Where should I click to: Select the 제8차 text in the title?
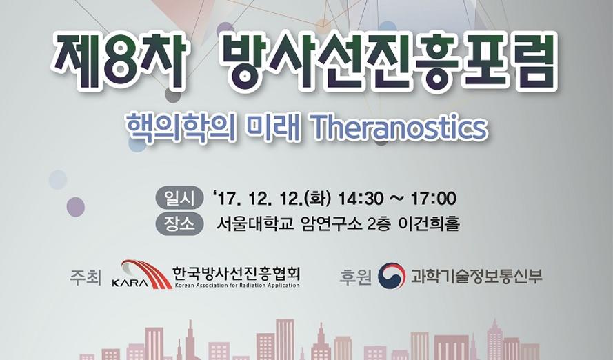[119, 62]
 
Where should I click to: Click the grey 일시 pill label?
[179, 198]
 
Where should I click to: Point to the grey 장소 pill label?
[179, 224]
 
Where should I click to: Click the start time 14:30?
[361, 198]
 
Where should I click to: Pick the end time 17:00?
[434, 198]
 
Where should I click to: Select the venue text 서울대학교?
[255, 224]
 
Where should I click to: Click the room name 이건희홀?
[429, 224]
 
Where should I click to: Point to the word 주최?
[85, 277]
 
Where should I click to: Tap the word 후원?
[355, 277]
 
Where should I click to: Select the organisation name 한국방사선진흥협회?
[237, 274]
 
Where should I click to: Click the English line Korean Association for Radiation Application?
[237, 286]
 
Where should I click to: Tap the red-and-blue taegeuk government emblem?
[392, 276]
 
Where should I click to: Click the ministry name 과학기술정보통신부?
[477, 276]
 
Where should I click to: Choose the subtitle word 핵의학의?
[181, 127]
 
